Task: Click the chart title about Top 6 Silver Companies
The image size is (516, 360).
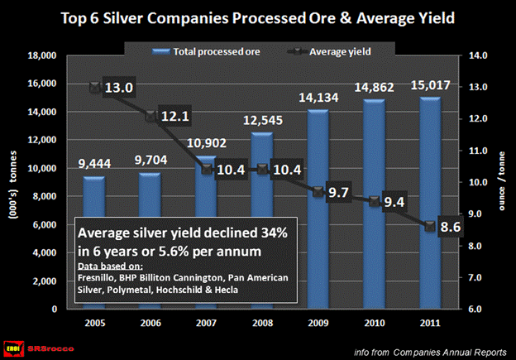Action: [257, 19]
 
